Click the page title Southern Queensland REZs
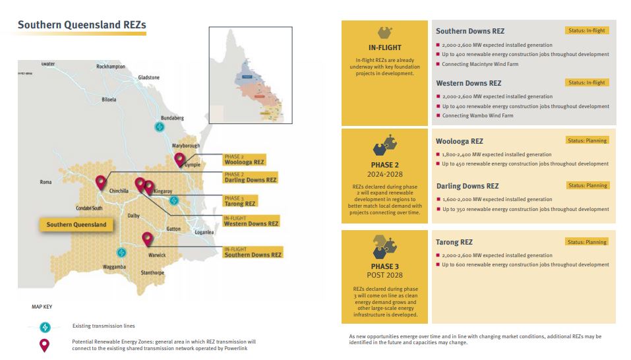click(x=82, y=25)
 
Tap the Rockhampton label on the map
click(x=110, y=67)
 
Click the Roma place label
click(x=45, y=182)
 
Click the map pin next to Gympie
click(x=179, y=160)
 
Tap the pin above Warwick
click(x=147, y=239)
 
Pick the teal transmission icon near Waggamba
click(x=121, y=252)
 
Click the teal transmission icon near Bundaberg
click(x=158, y=127)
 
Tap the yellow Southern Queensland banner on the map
click(x=76, y=224)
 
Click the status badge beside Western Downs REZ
click(x=586, y=82)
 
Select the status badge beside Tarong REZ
click(x=587, y=242)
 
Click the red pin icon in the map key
click(x=44, y=345)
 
